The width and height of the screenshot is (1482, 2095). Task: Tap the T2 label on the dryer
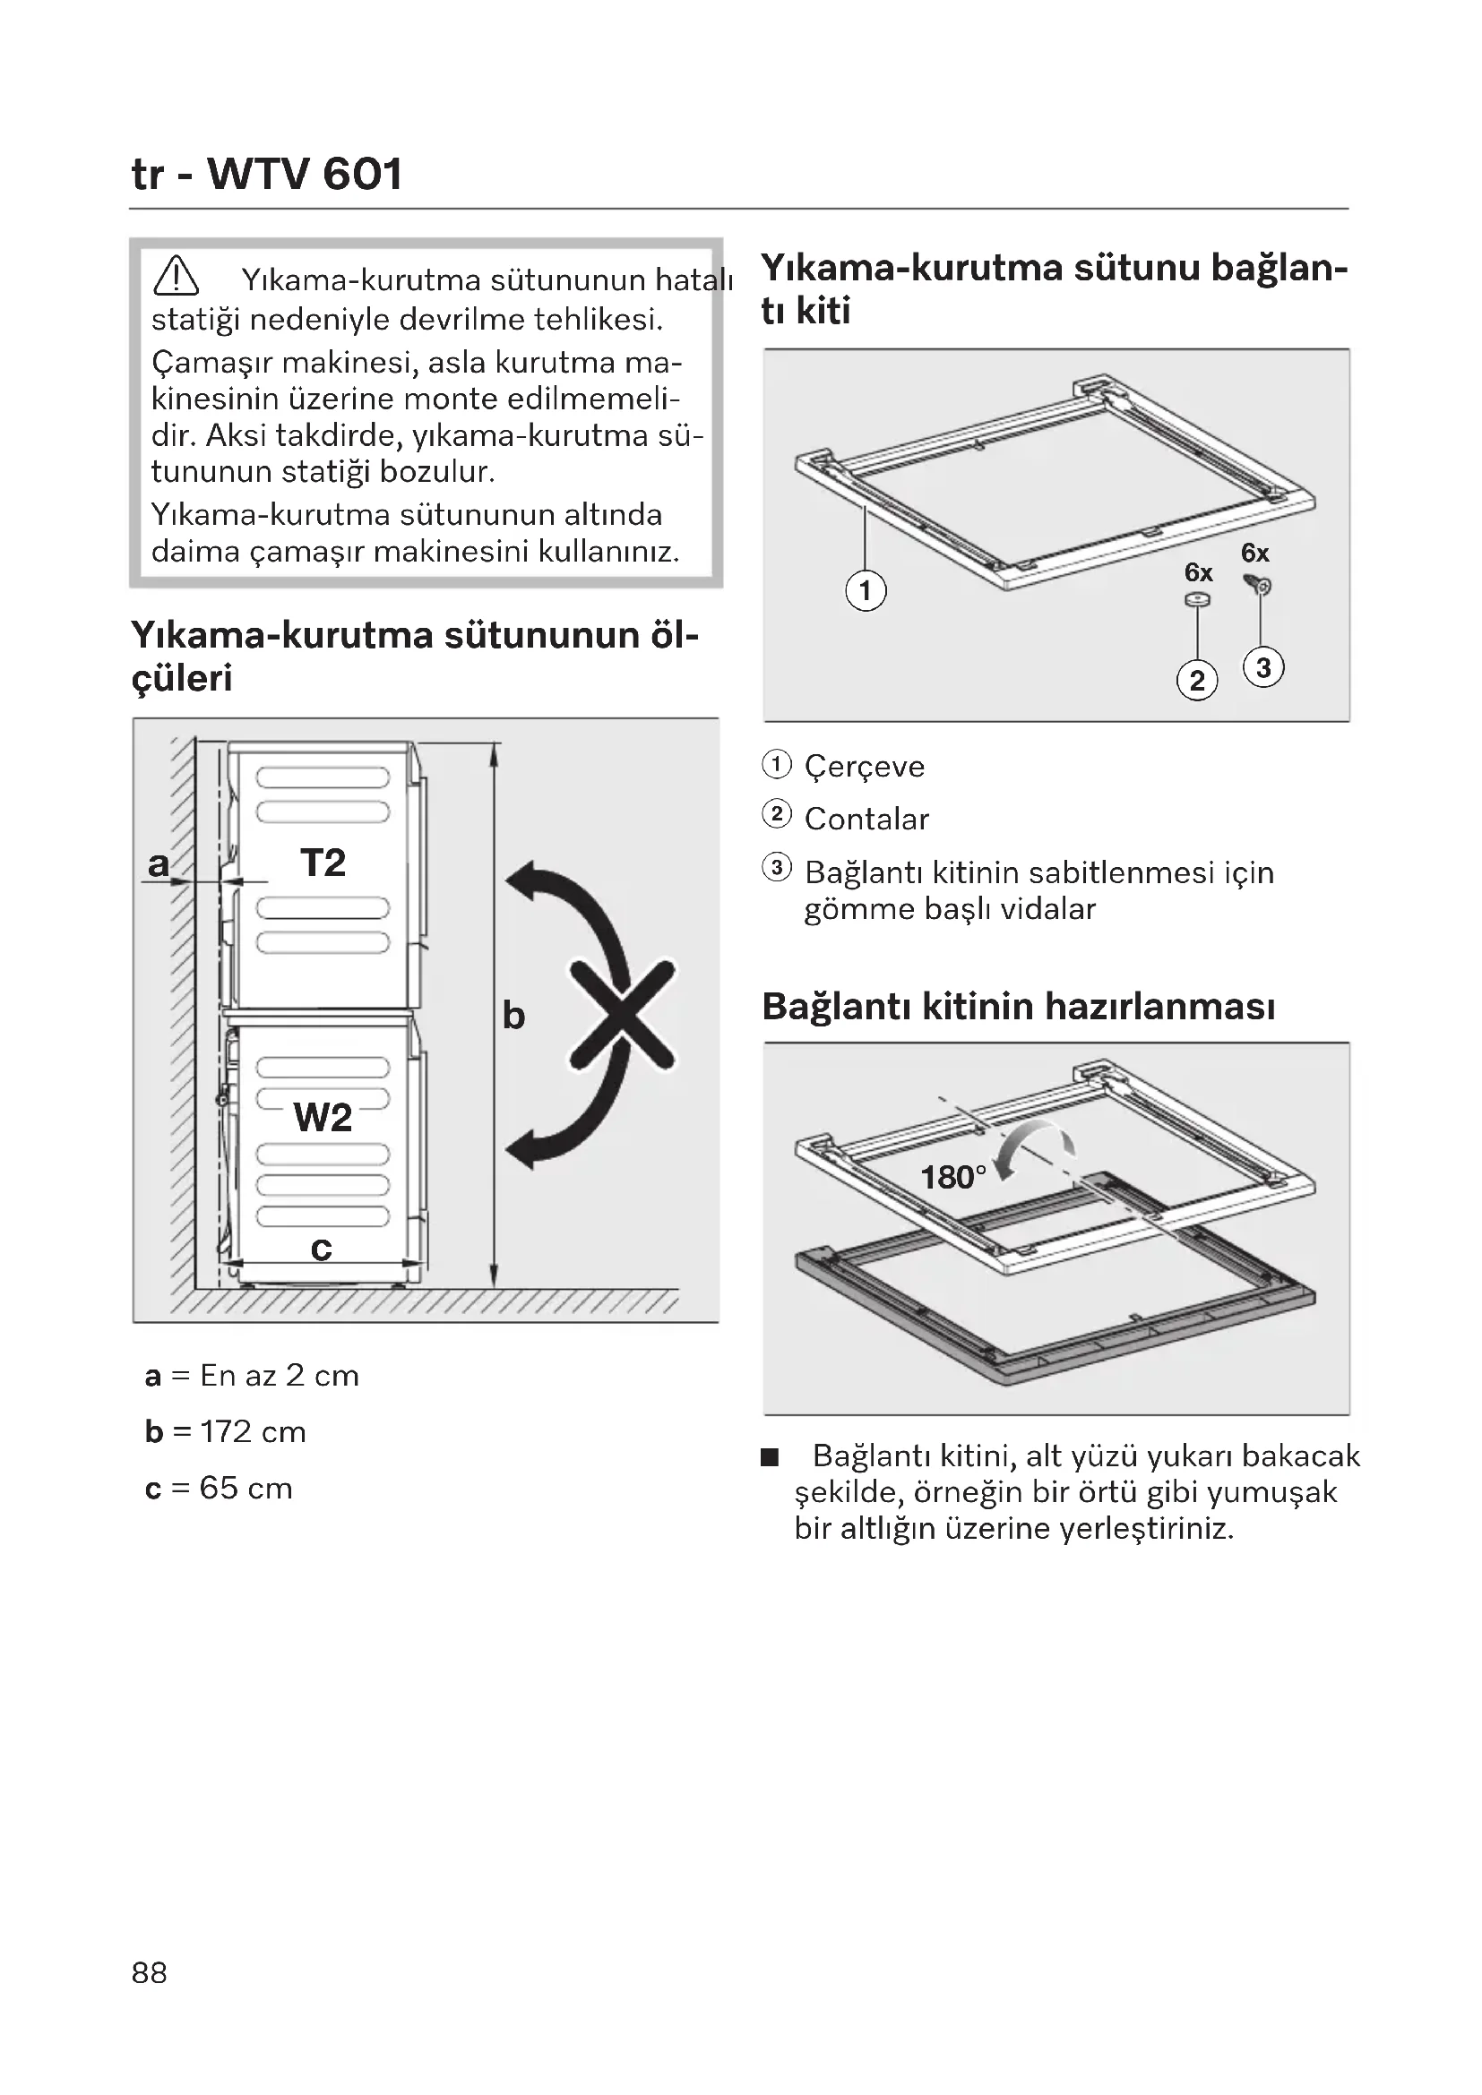click(x=323, y=863)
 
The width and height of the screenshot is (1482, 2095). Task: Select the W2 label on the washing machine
click(x=323, y=1117)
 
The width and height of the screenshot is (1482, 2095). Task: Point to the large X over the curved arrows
click(x=624, y=1014)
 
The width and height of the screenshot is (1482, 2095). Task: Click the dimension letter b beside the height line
click(x=513, y=1015)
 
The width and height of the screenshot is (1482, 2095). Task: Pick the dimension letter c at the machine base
click(x=322, y=1248)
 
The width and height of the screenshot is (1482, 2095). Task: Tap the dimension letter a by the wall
click(x=159, y=863)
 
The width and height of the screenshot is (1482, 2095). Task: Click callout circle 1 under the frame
click(x=866, y=590)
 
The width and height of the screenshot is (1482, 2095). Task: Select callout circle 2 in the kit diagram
click(x=1197, y=681)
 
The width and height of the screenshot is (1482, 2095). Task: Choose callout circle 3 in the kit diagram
click(x=1263, y=668)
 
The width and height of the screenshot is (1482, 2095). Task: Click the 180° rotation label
click(x=952, y=1177)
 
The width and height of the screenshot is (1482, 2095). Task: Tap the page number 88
click(x=150, y=1972)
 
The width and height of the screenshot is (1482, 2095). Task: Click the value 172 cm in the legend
click(x=253, y=1431)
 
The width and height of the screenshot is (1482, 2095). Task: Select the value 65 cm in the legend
click(x=246, y=1489)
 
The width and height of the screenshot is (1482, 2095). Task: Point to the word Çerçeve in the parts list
click(x=864, y=767)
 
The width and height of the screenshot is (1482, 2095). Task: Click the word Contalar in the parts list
click(x=866, y=820)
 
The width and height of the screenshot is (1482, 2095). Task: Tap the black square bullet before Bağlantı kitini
click(x=771, y=1457)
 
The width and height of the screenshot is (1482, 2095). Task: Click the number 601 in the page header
click(x=362, y=174)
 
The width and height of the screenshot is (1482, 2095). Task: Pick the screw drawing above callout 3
click(x=1258, y=584)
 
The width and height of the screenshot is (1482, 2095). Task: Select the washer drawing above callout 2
click(x=1197, y=599)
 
